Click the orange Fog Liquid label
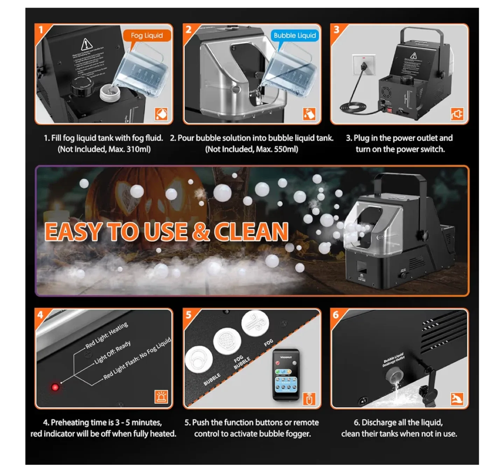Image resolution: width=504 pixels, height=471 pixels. pos(147,35)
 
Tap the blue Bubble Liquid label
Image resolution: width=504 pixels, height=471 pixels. pos(294,35)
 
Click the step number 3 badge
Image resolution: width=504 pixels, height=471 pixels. pos(337,30)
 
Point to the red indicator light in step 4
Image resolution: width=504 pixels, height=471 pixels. pos(55,387)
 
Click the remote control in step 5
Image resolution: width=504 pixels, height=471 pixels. pos(286,374)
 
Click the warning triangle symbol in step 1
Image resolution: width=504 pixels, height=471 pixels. pos(86,45)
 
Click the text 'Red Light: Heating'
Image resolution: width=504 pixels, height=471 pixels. pos(107,335)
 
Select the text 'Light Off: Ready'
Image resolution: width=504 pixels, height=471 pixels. pos(113,353)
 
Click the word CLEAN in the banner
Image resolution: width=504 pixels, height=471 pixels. pos(251,232)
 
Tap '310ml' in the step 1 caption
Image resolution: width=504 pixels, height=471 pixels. pos(139,149)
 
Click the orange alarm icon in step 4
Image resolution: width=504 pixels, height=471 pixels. pos(161,397)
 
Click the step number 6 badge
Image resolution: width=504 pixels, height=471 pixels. pos(336,315)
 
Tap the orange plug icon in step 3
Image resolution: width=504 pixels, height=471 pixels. pos(457,114)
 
